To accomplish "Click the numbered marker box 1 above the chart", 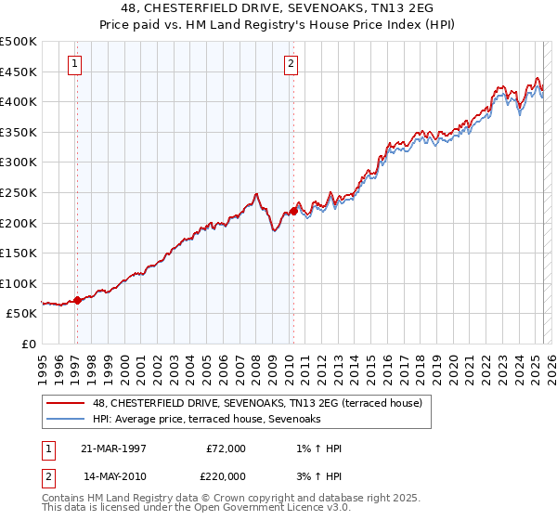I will coord(73,64).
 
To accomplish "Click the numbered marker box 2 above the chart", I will coord(291,64).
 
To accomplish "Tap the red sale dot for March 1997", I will coord(77,300).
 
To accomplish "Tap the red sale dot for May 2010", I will coord(293,211).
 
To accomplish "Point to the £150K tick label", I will coord(19,253).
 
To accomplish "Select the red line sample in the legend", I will coord(66,403).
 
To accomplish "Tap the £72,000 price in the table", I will coord(226,448).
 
